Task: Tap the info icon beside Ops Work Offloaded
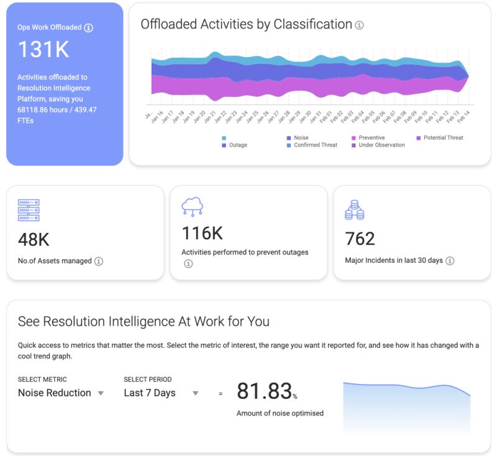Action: click(88, 28)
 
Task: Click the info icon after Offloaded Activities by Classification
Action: click(359, 25)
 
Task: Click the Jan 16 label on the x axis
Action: click(157, 117)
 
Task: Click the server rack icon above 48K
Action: click(29, 211)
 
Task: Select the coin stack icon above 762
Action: click(354, 210)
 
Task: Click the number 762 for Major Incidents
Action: click(360, 239)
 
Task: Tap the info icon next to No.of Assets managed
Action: click(98, 262)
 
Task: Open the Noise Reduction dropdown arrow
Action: click(101, 393)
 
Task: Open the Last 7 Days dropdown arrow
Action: click(195, 393)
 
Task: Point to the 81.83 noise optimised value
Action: click(264, 391)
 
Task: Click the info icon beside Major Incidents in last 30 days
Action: click(450, 261)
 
